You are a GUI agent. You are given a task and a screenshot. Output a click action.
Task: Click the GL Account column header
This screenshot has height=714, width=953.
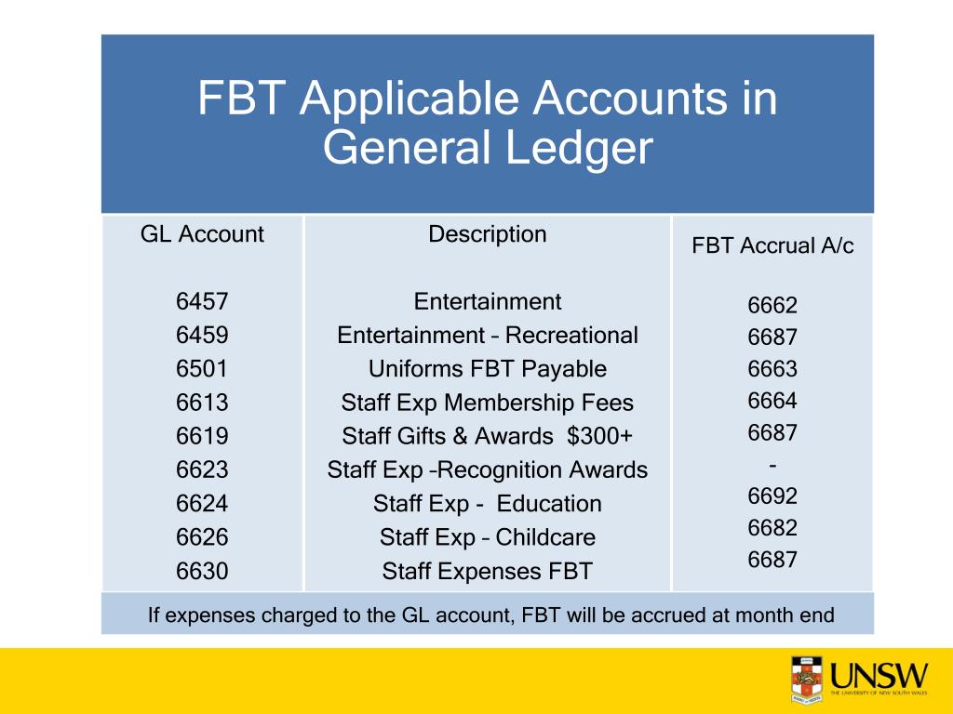202,234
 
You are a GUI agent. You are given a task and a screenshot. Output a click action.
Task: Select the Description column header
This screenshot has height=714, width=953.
487,234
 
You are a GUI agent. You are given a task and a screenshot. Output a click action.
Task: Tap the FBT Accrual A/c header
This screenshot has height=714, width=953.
772,246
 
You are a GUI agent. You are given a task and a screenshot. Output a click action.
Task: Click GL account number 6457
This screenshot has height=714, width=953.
202,301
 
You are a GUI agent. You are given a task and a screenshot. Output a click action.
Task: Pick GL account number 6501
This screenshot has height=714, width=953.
202,369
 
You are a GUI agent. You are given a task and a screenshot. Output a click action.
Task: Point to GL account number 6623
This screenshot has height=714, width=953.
202,469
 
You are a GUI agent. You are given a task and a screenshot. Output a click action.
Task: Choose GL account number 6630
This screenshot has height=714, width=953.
202,571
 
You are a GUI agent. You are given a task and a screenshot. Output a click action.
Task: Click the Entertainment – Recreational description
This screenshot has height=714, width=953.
487,336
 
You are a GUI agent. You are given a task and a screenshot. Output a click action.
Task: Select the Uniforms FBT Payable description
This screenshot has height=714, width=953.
487,369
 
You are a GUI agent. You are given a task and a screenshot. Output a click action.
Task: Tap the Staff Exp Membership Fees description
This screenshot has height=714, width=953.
487,403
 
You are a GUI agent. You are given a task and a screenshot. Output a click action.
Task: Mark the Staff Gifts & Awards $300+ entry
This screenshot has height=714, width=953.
487,436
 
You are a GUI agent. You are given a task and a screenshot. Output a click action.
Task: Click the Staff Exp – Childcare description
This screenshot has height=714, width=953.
487,537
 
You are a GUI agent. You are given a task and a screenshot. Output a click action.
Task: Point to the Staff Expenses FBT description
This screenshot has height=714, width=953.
487,571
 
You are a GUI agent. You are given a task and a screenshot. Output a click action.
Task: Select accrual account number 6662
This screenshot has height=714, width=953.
772,306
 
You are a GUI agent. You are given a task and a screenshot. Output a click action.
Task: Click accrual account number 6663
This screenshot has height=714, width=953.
772,369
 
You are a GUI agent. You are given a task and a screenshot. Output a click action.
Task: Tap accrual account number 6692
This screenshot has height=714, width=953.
772,496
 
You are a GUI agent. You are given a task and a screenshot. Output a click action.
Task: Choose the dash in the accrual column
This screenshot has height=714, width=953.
772,464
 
